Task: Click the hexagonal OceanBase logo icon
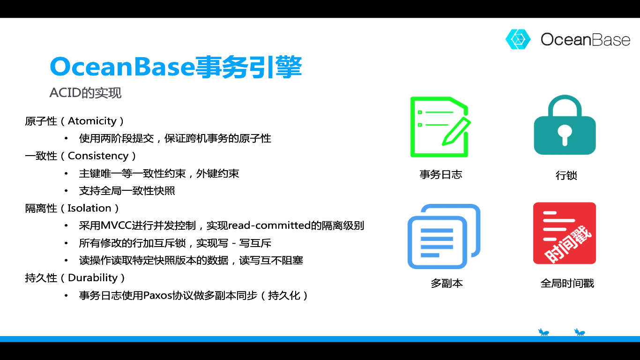coord(518,39)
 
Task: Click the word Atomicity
coord(92,121)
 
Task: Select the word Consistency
coord(98,156)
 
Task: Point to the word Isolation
coord(89,208)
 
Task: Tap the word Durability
coord(93,277)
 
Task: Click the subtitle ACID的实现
coord(85,93)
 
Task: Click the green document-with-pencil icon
coord(440,127)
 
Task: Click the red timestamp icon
coord(564,233)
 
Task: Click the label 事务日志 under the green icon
coord(440,174)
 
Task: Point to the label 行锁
coord(566,175)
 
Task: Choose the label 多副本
coord(447,283)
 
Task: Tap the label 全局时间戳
coord(567,283)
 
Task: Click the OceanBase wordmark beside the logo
coord(586,39)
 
